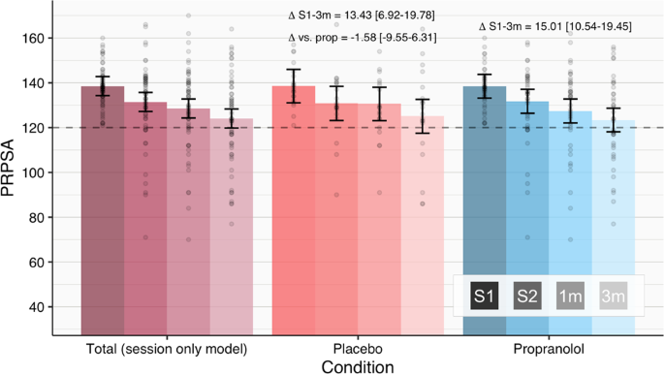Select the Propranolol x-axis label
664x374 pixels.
(548, 347)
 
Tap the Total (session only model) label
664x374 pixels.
(166, 347)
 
